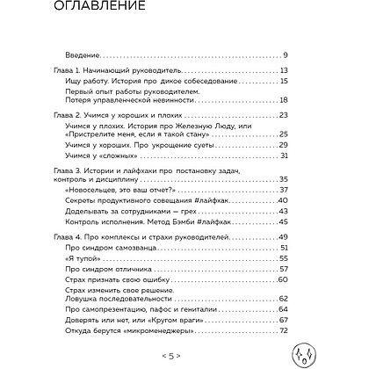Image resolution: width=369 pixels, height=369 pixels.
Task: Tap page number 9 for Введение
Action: tap(324, 56)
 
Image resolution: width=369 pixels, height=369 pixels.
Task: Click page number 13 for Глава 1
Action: tap(322, 69)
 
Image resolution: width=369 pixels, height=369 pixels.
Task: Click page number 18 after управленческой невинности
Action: tap(322, 102)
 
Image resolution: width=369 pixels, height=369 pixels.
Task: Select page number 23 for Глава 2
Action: tap(322, 115)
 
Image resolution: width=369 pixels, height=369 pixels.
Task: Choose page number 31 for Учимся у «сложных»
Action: tap(322, 157)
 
